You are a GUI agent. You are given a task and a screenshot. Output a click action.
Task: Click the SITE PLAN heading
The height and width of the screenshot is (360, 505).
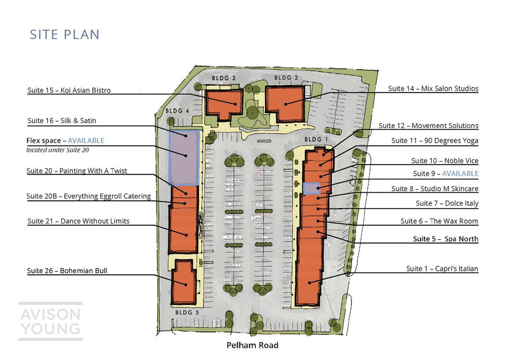64,34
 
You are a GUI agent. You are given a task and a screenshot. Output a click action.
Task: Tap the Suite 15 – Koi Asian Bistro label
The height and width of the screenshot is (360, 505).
69,90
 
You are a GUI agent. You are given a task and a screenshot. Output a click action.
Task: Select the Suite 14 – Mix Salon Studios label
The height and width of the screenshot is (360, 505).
433,89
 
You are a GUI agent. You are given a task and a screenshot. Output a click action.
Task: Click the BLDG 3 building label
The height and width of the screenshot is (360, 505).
223,78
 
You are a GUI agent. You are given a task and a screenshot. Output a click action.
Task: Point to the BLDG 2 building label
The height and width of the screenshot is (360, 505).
286,78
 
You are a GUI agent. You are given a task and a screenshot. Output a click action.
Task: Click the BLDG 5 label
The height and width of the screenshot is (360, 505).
187,312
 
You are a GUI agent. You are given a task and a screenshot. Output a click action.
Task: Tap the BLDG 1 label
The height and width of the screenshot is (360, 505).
316,140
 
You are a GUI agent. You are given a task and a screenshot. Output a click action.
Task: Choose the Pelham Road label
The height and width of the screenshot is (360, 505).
252,345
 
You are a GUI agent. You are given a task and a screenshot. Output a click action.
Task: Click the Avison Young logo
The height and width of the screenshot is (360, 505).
51,321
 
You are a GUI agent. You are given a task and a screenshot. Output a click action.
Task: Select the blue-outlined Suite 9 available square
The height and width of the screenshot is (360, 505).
312,189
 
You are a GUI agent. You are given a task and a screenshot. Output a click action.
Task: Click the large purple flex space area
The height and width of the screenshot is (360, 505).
184,158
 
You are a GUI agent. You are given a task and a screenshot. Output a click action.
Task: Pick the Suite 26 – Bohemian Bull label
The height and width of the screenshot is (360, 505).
67,271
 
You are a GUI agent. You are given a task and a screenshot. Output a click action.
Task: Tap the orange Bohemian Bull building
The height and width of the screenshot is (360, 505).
184,282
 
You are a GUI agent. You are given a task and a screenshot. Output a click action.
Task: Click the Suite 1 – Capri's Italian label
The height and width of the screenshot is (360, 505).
442,269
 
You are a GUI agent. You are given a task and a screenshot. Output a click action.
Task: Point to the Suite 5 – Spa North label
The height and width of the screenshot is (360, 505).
446,239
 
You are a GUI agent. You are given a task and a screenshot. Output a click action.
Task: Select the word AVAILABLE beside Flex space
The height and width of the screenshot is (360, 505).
86,141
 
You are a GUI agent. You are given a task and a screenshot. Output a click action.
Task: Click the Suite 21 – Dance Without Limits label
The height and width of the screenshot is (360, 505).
78,221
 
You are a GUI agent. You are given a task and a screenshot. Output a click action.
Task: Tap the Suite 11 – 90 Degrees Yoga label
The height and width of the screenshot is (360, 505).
435,141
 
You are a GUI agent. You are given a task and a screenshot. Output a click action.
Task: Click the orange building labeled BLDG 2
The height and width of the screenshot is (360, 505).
285,103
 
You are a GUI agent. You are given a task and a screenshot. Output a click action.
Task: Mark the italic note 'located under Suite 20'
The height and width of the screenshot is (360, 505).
58,150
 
